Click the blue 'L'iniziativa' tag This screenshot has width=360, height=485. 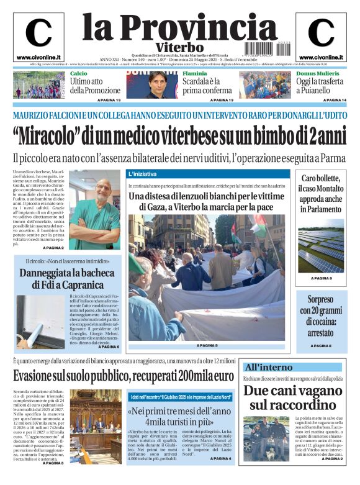tap(144, 174)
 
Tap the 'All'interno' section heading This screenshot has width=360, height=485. tap(268, 367)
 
